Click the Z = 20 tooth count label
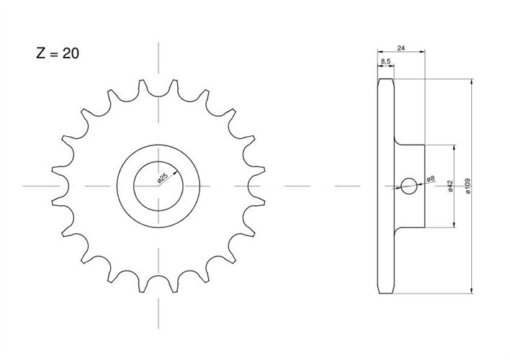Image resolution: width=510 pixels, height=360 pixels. (x=58, y=53)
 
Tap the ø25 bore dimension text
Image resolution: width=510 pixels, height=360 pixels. (x=162, y=179)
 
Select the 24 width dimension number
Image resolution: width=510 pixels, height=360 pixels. (x=401, y=48)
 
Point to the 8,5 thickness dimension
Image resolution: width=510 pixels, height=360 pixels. (x=385, y=61)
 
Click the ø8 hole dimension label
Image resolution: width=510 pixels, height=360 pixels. (x=430, y=179)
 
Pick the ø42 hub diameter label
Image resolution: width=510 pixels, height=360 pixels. (x=450, y=186)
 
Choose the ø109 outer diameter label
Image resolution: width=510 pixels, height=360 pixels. (x=468, y=186)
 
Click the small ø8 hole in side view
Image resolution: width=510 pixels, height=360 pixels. (x=409, y=186)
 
